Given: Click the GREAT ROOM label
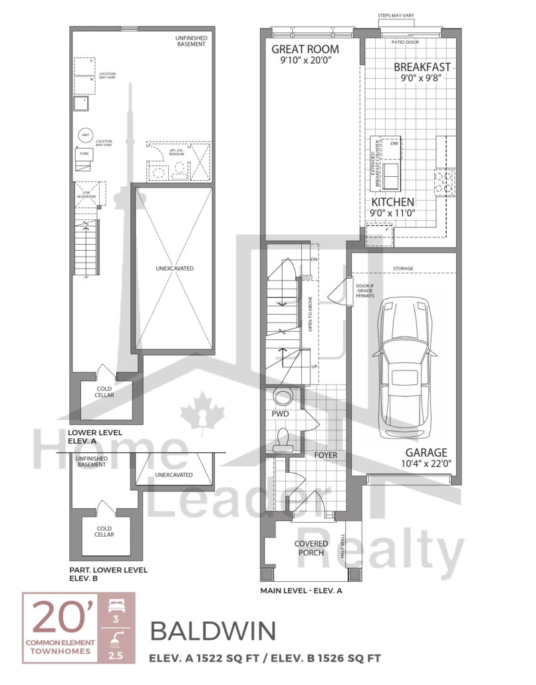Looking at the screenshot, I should (305, 49).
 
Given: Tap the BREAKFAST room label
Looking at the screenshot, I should (422, 67).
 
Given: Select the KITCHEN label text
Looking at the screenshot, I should (392, 202).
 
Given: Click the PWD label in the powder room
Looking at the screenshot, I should (280, 414).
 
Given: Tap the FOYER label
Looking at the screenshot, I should (326, 456).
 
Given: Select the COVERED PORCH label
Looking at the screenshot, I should (310, 548).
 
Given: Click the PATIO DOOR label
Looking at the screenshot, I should (407, 43).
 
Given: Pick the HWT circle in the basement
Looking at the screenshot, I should (85, 135).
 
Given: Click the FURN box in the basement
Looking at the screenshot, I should (84, 154).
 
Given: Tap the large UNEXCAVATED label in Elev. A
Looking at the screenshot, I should (174, 269).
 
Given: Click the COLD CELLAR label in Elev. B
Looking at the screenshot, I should (104, 530).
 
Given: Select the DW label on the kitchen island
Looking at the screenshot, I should (394, 143).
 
